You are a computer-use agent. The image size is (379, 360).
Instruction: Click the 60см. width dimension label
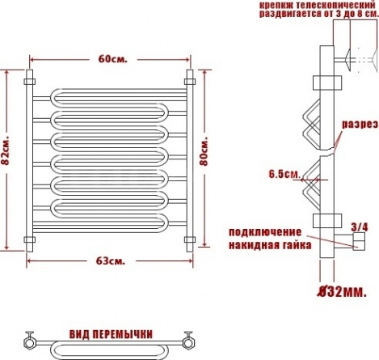(x=112, y=59)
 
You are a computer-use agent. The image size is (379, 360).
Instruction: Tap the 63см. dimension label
(x=111, y=260)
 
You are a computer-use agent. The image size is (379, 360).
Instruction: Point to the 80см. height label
(x=204, y=152)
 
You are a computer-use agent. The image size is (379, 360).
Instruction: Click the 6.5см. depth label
(x=284, y=175)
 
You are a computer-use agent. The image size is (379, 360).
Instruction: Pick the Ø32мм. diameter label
(x=343, y=291)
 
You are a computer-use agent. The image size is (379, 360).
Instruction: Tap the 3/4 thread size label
(x=360, y=227)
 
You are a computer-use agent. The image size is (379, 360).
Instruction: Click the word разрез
(x=360, y=125)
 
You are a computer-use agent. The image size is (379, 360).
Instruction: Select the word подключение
(x=265, y=232)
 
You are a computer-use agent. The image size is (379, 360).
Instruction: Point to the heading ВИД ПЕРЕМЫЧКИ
(x=111, y=334)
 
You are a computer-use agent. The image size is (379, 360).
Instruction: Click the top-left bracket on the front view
(x=30, y=82)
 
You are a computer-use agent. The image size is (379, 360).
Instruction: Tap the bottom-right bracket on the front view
(x=190, y=239)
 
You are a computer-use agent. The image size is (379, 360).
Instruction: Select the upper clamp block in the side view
(x=327, y=83)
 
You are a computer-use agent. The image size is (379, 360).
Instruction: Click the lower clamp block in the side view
(x=327, y=221)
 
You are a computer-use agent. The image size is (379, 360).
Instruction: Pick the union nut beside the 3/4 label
(x=359, y=242)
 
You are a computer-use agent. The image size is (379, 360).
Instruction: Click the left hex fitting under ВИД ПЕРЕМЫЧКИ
(x=29, y=342)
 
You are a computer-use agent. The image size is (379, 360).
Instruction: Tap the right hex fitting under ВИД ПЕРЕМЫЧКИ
(x=188, y=342)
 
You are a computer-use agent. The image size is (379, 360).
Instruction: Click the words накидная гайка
(x=270, y=245)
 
